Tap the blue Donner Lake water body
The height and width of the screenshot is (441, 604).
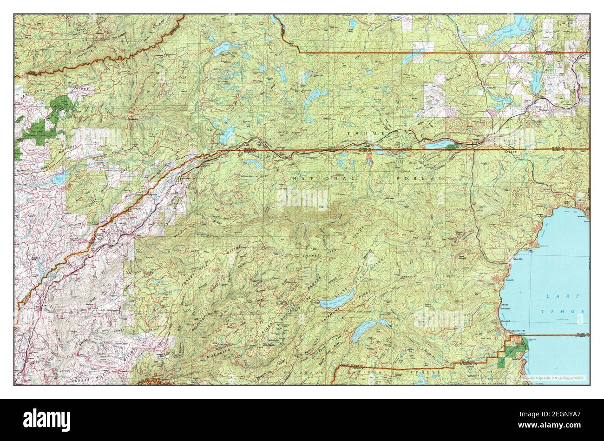click(439, 145)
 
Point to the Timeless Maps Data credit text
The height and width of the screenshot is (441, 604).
click(552, 378)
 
